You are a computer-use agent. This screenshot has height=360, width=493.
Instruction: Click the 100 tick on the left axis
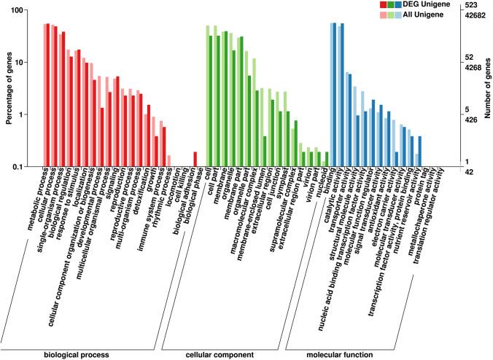pos(18,10)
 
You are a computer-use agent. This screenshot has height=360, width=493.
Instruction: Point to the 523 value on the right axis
pos(473,5)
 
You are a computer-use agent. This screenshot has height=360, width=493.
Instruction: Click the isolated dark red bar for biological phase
pos(195,159)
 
